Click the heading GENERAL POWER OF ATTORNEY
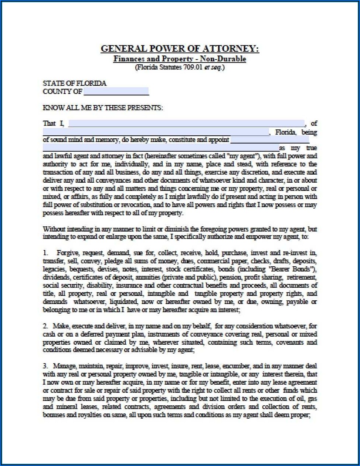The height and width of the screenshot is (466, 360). pyautogui.click(x=180, y=49)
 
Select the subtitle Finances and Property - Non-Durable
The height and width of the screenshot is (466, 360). pyautogui.click(x=180, y=59)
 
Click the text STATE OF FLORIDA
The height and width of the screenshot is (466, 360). pyautogui.click(x=75, y=83)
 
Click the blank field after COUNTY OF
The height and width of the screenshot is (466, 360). pyautogui.click(x=116, y=91)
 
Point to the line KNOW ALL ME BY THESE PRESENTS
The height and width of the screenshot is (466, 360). pyautogui.click(x=103, y=108)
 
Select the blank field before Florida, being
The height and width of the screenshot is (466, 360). pyautogui.click(x=156, y=132)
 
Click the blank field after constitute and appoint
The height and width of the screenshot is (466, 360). pyautogui.click(x=269, y=140)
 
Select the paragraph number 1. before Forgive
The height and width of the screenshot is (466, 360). pyautogui.click(x=45, y=253)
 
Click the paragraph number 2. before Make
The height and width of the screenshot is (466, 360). pyautogui.click(x=45, y=326)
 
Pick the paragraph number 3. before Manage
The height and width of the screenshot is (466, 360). pyautogui.click(x=45, y=366)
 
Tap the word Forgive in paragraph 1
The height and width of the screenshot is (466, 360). pyautogui.click(x=68, y=253)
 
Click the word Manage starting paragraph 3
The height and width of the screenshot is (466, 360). pyautogui.click(x=63, y=366)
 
